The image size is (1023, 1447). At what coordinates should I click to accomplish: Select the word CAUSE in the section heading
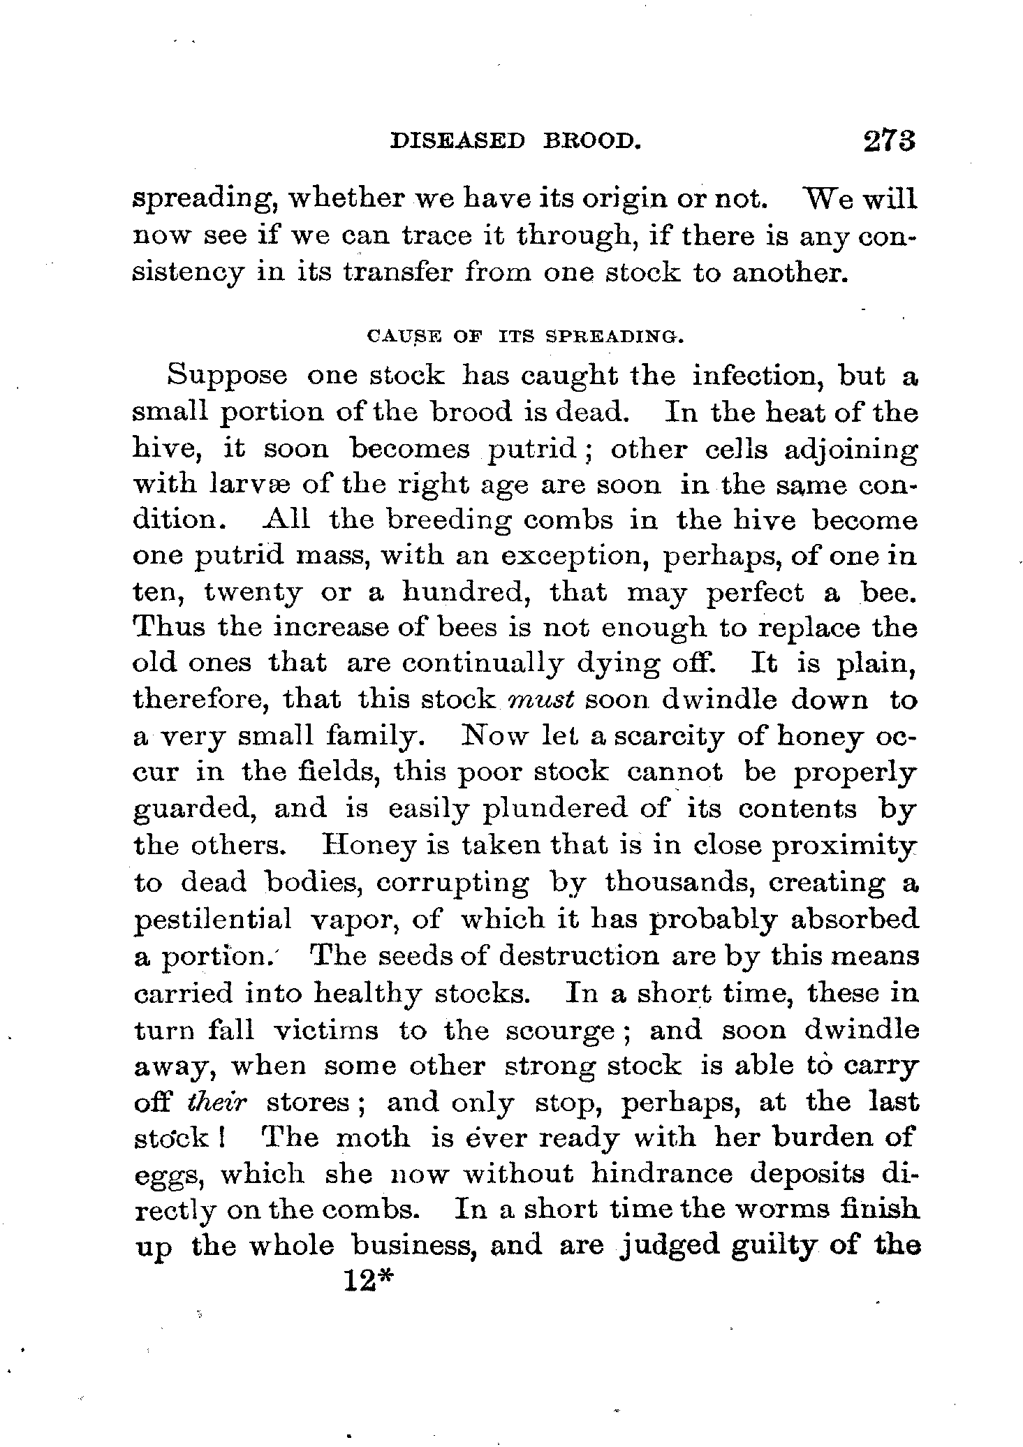click(x=393, y=337)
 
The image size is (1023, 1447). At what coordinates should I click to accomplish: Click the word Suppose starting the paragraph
click(x=227, y=377)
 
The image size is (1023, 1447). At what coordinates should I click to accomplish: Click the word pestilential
click(x=212, y=919)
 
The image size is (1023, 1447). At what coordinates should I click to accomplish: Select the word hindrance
click(x=661, y=1174)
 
